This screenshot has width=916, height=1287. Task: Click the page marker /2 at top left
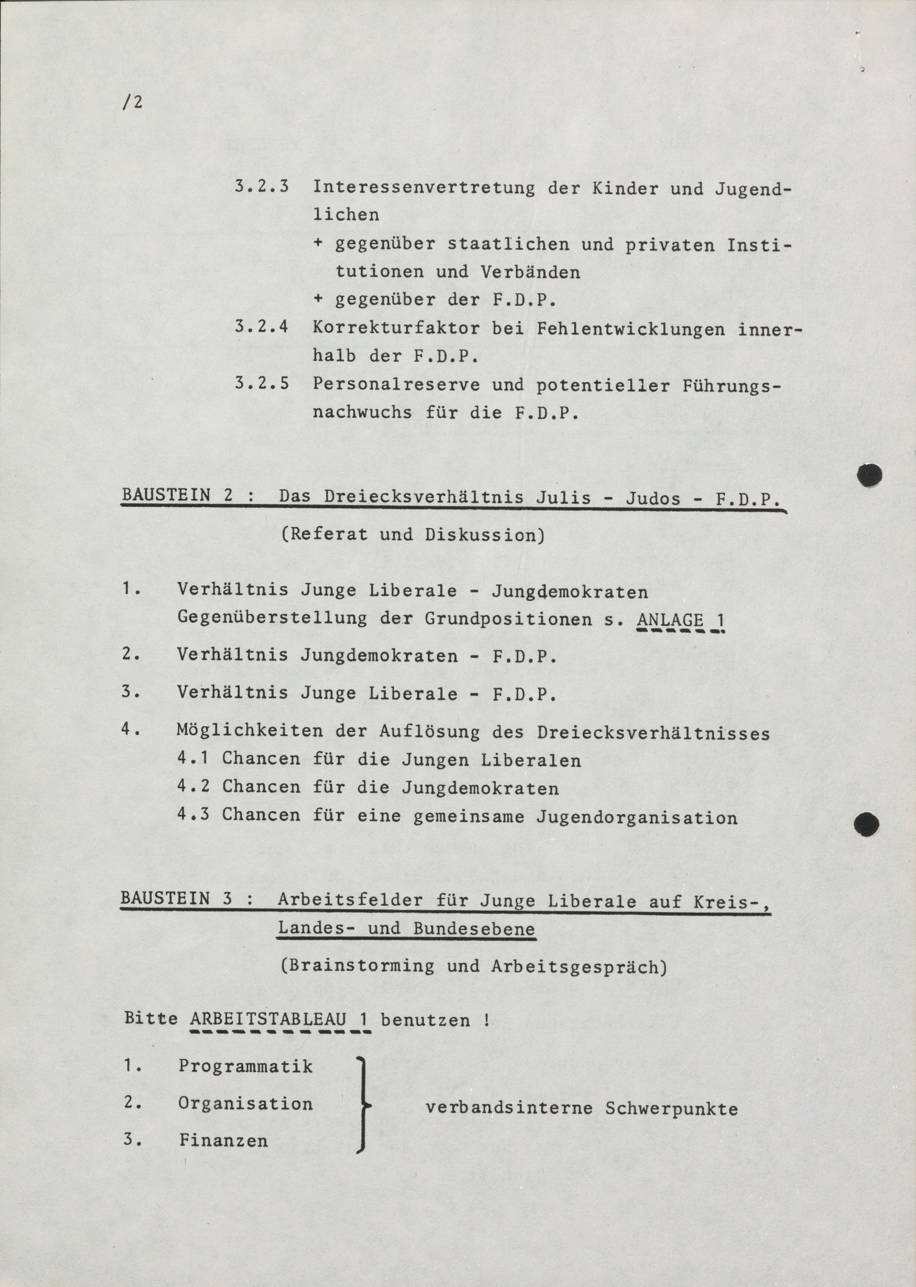pyautogui.click(x=132, y=103)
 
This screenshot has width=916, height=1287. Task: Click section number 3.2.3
pyautogui.click(x=262, y=187)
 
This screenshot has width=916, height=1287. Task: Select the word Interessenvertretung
pyautogui.click(x=424, y=188)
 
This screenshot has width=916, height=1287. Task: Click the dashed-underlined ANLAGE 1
pyautogui.click(x=680, y=620)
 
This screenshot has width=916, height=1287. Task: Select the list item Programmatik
pyautogui.click(x=246, y=1066)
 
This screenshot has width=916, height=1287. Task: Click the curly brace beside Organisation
pyautogui.click(x=364, y=1105)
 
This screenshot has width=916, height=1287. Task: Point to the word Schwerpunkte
pyautogui.click(x=671, y=1108)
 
